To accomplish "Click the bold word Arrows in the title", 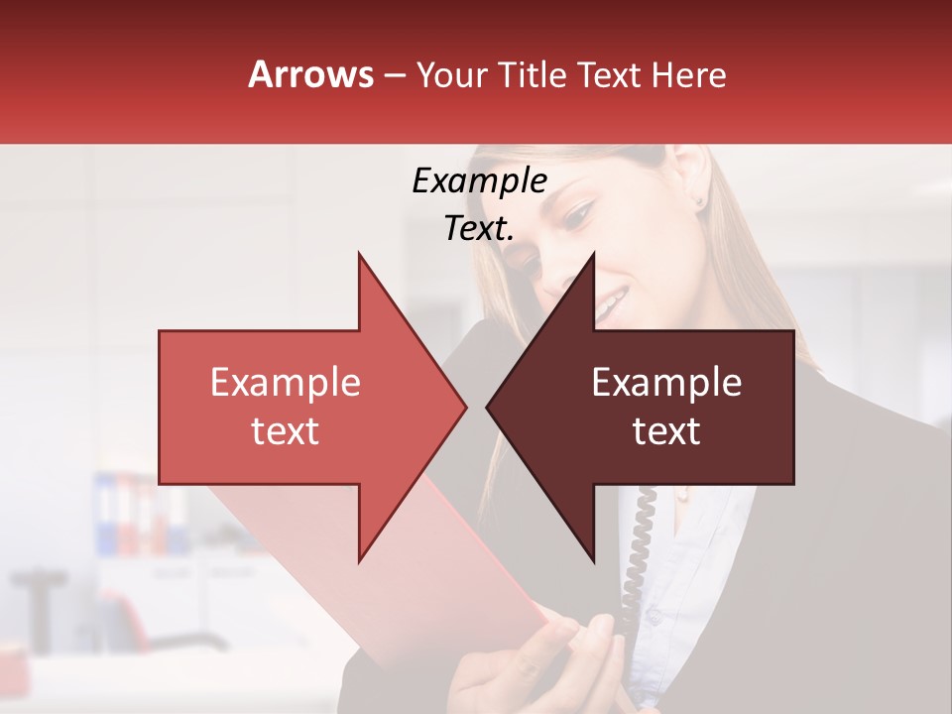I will tap(310, 74).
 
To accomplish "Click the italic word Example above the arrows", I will tap(479, 181).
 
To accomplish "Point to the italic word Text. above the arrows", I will tap(479, 229).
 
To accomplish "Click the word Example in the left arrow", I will tap(286, 383).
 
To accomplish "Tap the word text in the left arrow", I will tap(286, 431).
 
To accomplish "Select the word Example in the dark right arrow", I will tap(666, 383).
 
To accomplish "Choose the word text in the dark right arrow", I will tap(666, 431).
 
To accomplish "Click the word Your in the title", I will tap(451, 74).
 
